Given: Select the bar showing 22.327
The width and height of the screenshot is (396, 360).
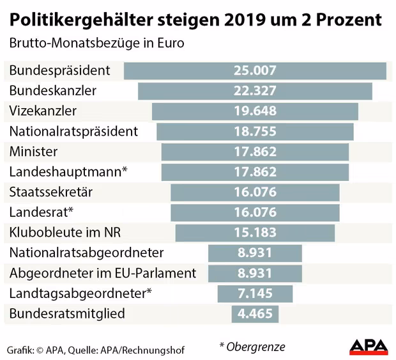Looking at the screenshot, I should [x=255, y=91].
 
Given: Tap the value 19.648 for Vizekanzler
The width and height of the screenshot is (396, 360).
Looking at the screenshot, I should [x=255, y=111].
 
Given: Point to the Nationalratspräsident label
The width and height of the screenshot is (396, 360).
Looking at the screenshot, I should [x=73, y=131].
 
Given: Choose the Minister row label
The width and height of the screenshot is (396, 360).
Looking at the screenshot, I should [x=34, y=152].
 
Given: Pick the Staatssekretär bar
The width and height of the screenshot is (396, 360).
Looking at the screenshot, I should [x=255, y=192].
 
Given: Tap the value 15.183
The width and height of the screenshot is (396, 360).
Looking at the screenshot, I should [x=255, y=232].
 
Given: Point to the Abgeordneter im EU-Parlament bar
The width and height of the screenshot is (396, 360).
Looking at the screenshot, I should [x=255, y=273].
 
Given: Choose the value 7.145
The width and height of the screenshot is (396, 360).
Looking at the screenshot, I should [x=255, y=293].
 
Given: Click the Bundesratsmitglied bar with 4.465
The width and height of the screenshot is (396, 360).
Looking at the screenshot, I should [x=255, y=313].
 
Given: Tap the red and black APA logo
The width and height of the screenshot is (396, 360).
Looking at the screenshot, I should [x=369, y=347].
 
